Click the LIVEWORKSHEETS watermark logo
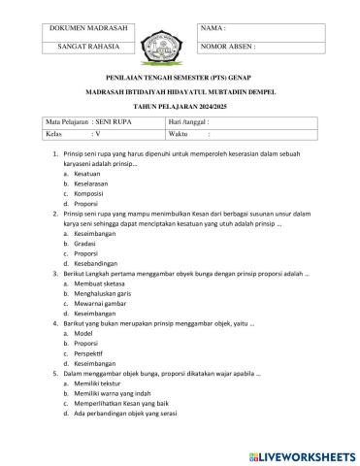(298, 455)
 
